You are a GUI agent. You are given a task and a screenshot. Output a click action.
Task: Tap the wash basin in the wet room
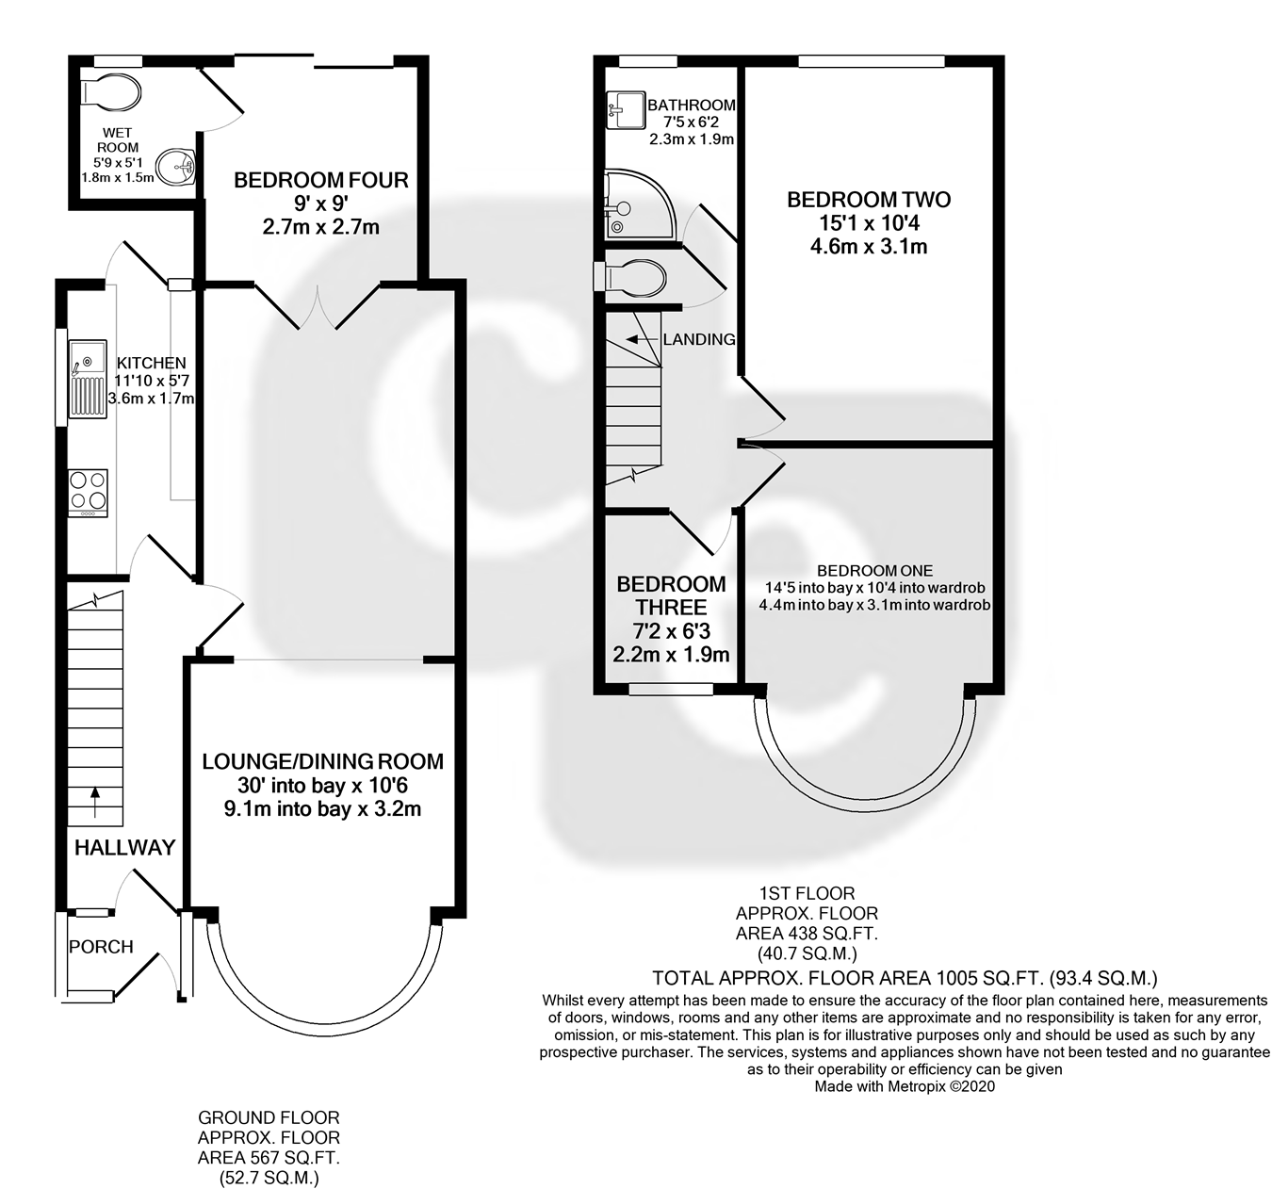coord(176,167)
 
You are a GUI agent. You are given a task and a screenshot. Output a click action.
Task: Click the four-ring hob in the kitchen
coord(89,494)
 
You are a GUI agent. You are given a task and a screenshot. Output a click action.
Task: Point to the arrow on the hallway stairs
coord(95,802)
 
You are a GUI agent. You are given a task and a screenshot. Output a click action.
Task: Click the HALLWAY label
coord(125,848)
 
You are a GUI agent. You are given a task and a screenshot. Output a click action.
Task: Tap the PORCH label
coord(101,946)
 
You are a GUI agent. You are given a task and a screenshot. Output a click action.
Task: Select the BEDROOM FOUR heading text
coord(321,180)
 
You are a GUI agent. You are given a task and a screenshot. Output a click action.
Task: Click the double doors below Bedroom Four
coord(318,306)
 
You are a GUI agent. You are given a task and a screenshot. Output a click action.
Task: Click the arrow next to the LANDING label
coord(641,339)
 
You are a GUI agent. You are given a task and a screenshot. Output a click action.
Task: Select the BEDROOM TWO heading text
coord(869,200)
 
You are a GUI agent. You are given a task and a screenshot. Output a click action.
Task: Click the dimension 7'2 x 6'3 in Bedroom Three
coord(671,631)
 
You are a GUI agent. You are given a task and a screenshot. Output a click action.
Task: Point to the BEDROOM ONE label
coord(875,570)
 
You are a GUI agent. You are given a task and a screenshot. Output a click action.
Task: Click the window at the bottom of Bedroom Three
coord(671,689)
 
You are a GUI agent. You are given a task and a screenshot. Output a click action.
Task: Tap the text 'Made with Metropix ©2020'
coord(905,1086)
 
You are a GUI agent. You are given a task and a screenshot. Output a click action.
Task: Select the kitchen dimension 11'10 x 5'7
coord(152,381)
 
